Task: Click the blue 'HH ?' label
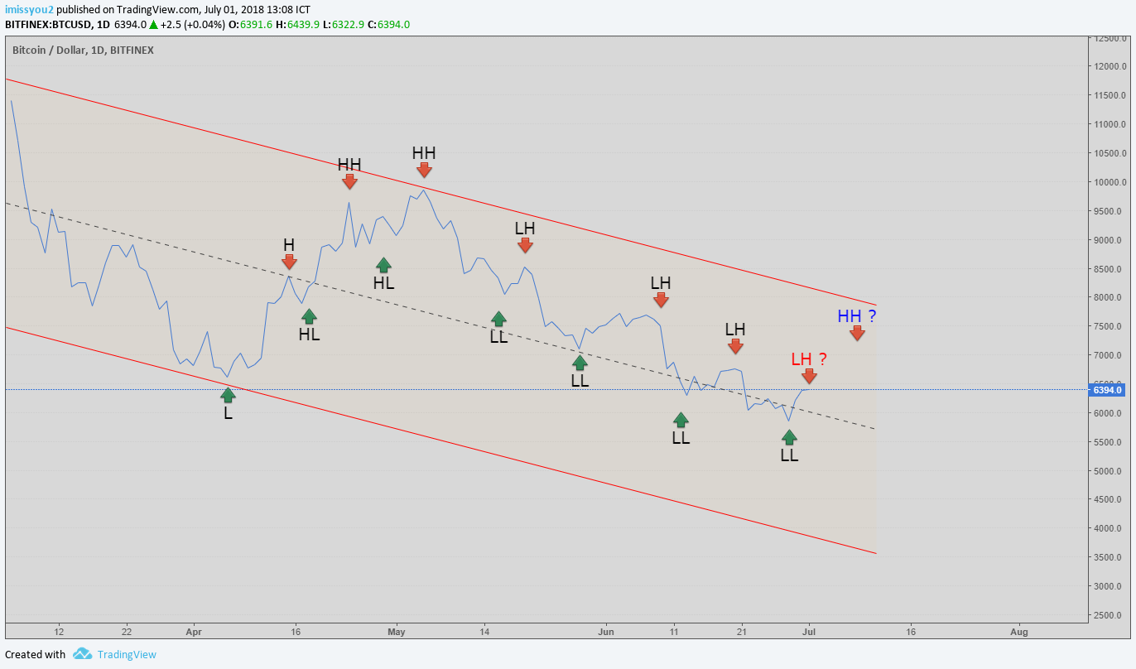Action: (856, 315)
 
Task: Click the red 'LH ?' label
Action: (808, 359)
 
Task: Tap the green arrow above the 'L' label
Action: (228, 395)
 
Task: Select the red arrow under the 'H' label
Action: (289, 262)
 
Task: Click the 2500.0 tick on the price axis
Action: (1110, 615)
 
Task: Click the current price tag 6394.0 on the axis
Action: (1107, 390)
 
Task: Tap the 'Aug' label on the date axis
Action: (1019, 632)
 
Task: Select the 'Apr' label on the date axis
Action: (194, 632)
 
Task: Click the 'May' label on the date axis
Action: (397, 632)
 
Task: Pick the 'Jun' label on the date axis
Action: (606, 632)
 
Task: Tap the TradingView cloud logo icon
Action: (82, 654)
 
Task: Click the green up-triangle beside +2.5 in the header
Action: (153, 25)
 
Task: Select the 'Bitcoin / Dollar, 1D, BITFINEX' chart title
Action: (83, 50)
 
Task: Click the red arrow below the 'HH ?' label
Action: (857, 333)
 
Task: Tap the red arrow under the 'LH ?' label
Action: (809, 376)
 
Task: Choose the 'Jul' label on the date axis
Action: (809, 632)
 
